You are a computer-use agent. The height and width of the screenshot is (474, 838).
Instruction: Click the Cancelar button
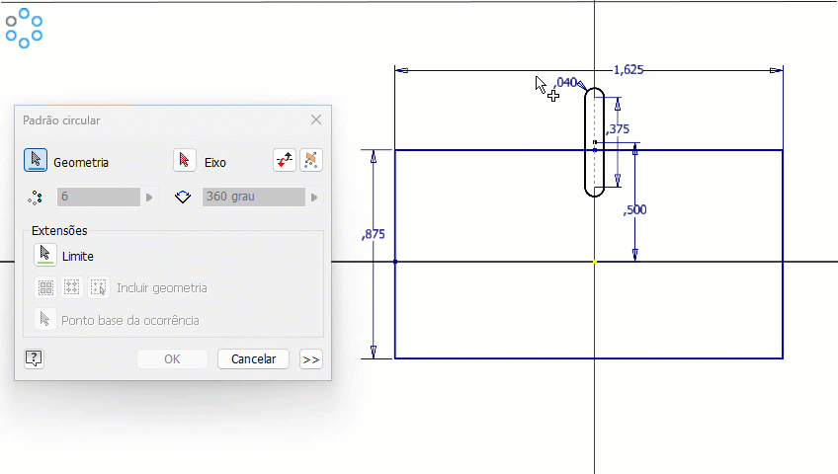click(x=253, y=358)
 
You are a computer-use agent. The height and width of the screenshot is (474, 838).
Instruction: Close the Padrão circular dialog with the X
click(x=316, y=120)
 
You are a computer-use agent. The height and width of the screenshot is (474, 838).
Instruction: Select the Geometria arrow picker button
click(x=36, y=160)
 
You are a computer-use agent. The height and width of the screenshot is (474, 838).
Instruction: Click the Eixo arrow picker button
click(x=185, y=160)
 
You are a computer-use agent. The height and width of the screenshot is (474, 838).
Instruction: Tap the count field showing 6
click(x=99, y=197)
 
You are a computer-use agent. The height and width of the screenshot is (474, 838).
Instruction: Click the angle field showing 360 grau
click(x=253, y=197)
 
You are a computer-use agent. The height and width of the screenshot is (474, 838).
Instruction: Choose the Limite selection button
click(x=44, y=255)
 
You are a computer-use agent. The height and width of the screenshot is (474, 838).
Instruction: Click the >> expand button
click(x=311, y=359)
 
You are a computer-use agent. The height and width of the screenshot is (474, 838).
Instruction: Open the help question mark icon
click(x=34, y=358)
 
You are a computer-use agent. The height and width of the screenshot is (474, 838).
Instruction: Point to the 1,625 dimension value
click(x=628, y=70)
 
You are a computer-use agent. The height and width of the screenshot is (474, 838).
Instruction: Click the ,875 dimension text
click(x=373, y=234)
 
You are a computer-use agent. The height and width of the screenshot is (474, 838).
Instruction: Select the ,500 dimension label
click(x=634, y=209)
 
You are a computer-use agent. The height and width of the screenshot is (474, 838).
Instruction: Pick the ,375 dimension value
click(x=618, y=129)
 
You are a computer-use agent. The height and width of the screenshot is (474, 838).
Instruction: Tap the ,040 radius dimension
click(x=565, y=83)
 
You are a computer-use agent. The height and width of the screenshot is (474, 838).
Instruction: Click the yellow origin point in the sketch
click(x=595, y=262)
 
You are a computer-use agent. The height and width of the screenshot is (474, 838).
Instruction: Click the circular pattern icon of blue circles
click(x=24, y=29)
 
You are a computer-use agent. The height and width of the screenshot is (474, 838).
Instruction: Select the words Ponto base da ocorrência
click(x=130, y=320)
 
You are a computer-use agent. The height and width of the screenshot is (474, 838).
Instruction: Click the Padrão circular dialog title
click(x=61, y=120)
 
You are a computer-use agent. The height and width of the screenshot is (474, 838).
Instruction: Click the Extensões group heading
click(x=59, y=231)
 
